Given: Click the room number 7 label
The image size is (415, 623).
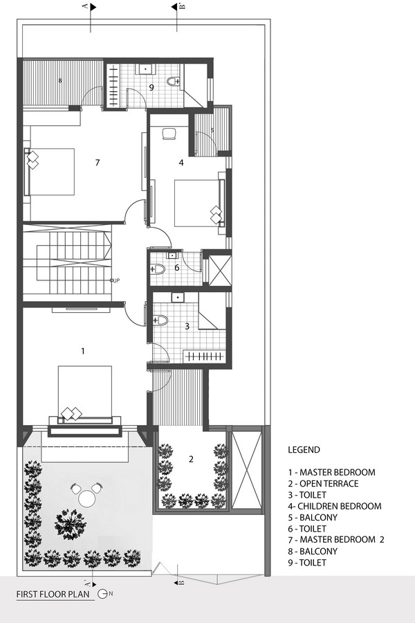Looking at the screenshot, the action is click(98, 162).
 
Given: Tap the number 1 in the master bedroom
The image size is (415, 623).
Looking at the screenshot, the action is click(82, 351).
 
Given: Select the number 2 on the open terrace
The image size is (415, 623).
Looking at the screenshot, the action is click(191, 460).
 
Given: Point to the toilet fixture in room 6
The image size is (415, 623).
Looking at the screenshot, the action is click(158, 269).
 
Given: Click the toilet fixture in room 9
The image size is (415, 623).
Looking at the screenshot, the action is click(173, 81).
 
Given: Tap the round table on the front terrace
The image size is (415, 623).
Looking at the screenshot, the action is click(86, 498).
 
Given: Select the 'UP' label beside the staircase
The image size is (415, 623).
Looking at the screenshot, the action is click(116, 280).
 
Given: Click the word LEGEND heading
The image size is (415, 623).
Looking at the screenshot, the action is click(304, 450).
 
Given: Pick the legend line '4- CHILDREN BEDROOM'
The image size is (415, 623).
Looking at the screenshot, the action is click(335, 506).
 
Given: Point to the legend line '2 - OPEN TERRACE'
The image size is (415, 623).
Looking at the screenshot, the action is click(323, 484).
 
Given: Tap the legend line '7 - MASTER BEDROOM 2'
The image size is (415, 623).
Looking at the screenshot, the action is click(336, 539).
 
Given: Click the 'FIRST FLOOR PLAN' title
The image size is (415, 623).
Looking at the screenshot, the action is click(53, 595).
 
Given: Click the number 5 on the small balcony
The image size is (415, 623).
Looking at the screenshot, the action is click(212, 130).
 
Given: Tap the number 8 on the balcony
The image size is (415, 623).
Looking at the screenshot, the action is click(60, 81).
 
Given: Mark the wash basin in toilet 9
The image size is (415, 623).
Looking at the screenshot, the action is click(145, 69).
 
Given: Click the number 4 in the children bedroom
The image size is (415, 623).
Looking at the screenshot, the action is click(181, 162).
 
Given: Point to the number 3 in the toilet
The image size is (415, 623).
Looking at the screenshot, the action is click(187, 327).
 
